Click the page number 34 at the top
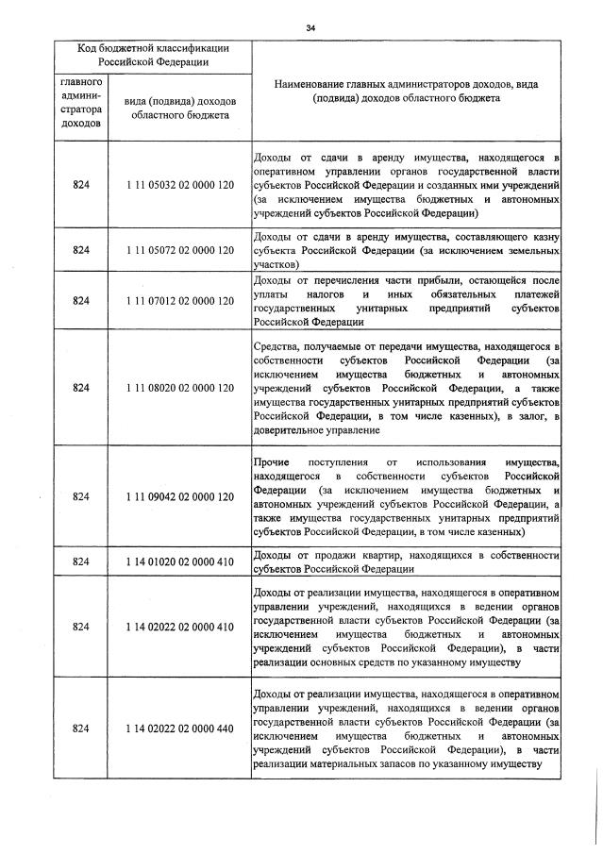pyautogui.click(x=310, y=27)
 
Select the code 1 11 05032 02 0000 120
pyautogui.click(x=179, y=186)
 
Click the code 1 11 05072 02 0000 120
pyautogui.click(x=179, y=251)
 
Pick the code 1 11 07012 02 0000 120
pyautogui.click(x=179, y=301)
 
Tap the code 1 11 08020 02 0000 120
pyautogui.click(x=179, y=387)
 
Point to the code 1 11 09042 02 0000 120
pyautogui.click(x=179, y=496)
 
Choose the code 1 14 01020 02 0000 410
pyautogui.click(x=179, y=562)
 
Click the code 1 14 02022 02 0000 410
pyautogui.click(x=179, y=628)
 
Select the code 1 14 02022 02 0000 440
pyautogui.click(x=179, y=728)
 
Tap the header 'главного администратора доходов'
pyautogui.click(x=80, y=103)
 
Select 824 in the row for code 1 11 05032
pyautogui.click(x=80, y=186)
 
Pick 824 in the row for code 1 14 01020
pyautogui.click(x=80, y=562)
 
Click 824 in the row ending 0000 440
pyautogui.click(x=80, y=728)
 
